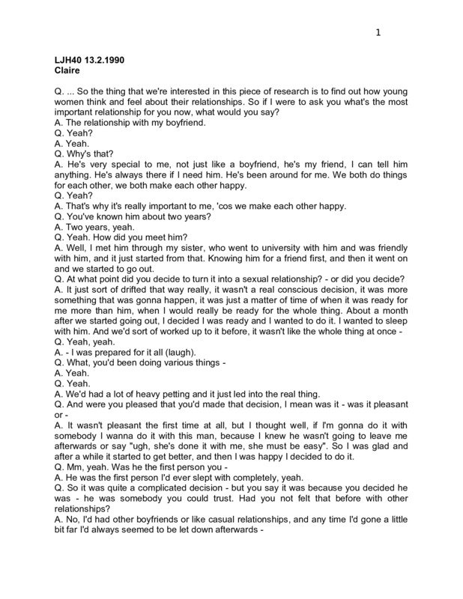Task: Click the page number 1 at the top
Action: [x=379, y=32]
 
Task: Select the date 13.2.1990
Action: [x=111, y=59]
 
